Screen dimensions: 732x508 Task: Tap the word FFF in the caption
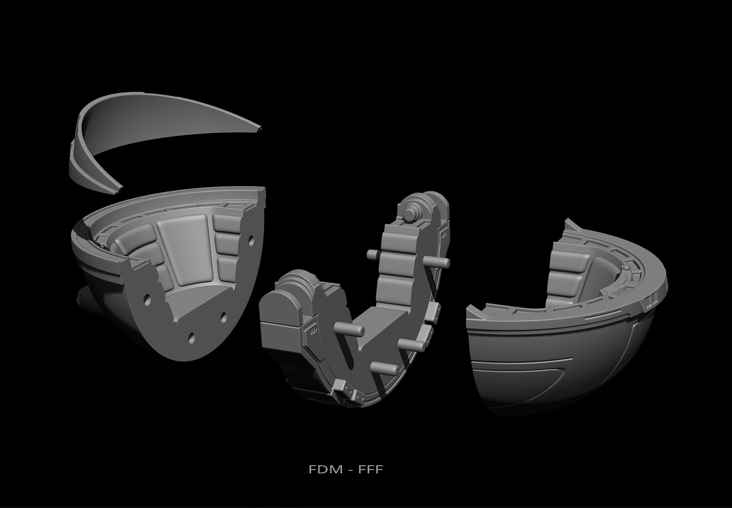click(370, 469)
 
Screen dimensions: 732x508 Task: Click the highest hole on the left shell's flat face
click(251, 240)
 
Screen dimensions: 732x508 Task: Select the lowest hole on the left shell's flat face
click(191, 337)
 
